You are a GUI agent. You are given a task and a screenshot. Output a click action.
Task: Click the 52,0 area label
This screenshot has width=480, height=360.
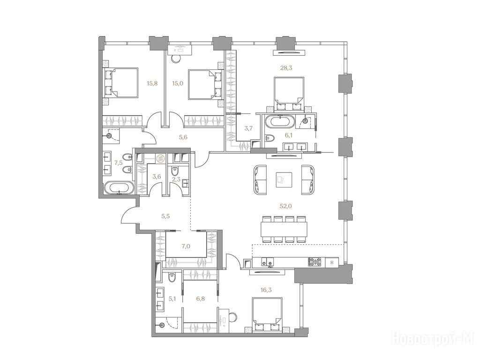(285, 206)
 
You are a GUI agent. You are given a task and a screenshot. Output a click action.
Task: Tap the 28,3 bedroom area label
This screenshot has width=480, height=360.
(286, 68)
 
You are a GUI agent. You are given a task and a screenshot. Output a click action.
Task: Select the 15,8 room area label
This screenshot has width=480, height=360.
(152, 83)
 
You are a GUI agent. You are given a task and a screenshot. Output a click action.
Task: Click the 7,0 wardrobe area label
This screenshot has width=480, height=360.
(186, 245)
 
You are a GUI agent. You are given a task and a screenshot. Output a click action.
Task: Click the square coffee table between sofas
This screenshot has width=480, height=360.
(284, 180)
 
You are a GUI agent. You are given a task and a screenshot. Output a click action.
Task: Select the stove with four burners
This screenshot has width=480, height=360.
(315, 262)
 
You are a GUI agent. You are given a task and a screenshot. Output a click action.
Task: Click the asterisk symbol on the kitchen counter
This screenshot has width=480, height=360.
(332, 262)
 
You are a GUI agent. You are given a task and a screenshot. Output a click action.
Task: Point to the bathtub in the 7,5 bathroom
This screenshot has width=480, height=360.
(119, 187)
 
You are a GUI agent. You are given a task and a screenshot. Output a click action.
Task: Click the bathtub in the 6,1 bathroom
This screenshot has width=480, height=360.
(279, 121)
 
